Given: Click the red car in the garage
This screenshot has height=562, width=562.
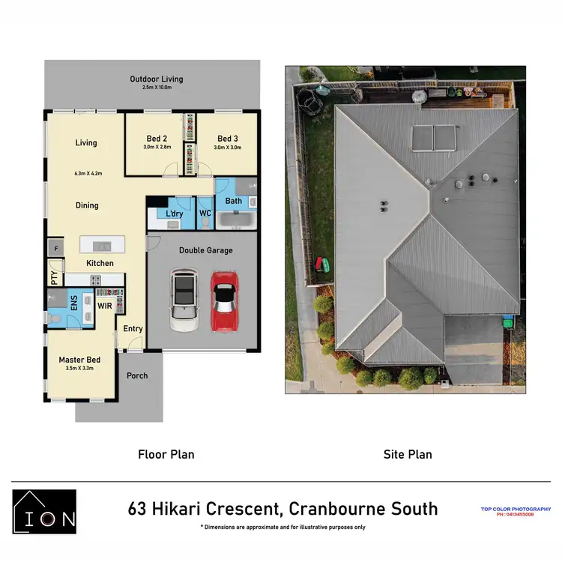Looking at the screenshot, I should pos(225,301).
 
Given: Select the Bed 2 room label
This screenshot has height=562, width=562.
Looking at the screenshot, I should pos(157,139).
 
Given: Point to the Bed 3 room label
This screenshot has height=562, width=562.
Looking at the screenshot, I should pos(228,139).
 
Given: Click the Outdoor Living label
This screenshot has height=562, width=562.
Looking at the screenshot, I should pos(156,79).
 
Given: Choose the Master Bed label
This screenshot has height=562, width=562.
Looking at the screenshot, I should pos(79,360).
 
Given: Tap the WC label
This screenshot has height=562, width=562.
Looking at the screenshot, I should pos(205,214).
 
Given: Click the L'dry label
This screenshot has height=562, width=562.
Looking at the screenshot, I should pos(175,214).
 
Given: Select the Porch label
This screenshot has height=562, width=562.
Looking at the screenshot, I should pos(137,375).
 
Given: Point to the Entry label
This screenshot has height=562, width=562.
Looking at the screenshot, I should pos(133,329).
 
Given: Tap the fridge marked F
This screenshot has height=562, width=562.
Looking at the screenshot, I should pos(55,247).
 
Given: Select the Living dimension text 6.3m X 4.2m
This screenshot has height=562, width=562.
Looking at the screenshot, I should pos(88,173).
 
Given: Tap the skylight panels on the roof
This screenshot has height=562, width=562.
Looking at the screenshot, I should pos(434,138).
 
